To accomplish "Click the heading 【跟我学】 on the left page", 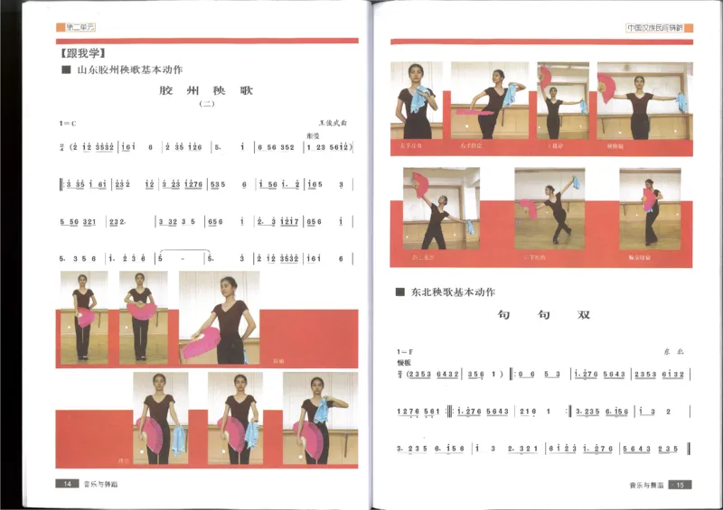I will [x=82, y=53].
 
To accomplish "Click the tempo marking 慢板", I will [x=402, y=361].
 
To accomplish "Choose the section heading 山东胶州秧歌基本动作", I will [x=129, y=70].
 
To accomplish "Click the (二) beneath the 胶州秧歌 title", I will [x=205, y=106].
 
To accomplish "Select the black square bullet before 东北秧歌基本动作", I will [x=399, y=292].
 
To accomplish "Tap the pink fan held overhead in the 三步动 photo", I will [x=545, y=76].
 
